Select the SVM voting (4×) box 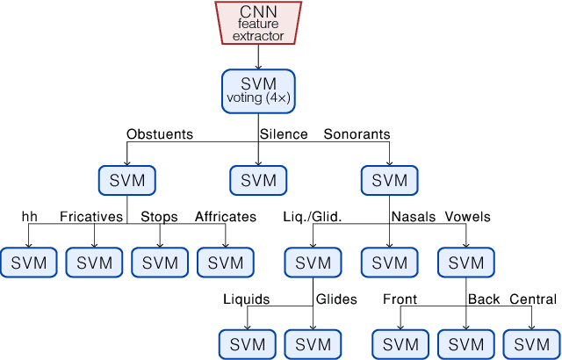tap(259, 90)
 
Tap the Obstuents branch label tap(160, 134)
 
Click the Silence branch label tap(284, 134)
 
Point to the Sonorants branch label tap(357, 134)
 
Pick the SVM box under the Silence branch tap(259, 180)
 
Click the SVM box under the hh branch tap(29, 262)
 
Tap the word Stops tap(159, 217)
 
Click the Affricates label tap(226, 217)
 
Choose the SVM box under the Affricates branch tap(226, 262)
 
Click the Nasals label tap(414, 217)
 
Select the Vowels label tap(468, 217)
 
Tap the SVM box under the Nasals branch tap(390, 262)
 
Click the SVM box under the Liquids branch tap(247, 343)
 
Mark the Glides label tap(336, 299)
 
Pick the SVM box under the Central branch tap(531, 343)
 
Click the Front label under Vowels tap(400, 299)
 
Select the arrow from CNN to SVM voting tap(259, 57)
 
